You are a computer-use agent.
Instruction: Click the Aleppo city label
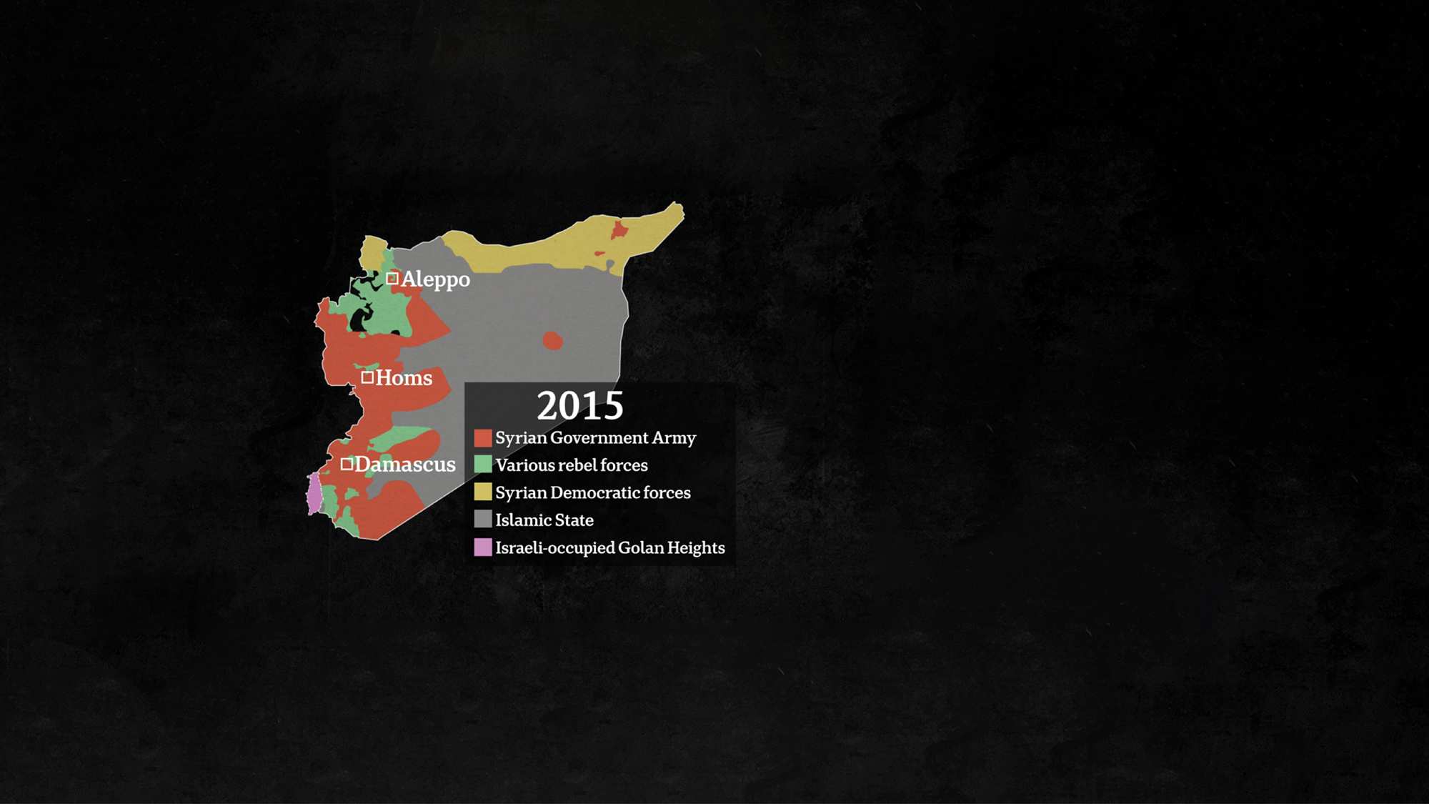(x=435, y=279)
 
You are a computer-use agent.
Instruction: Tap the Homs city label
(x=404, y=378)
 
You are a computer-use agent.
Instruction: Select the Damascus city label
(x=404, y=465)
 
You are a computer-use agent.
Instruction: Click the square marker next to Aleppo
(x=392, y=278)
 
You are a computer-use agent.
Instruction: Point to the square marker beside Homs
(x=367, y=377)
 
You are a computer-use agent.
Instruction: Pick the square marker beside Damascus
(x=347, y=464)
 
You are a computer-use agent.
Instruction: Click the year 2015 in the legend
(x=579, y=406)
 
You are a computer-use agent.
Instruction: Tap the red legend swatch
(x=483, y=437)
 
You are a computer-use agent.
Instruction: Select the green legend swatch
(x=483, y=465)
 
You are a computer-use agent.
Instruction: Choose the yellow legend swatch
(x=483, y=492)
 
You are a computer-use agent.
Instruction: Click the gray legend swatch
(x=483, y=520)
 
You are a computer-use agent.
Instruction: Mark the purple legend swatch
(x=483, y=547)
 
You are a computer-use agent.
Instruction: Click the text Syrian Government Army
(x=595, y=437)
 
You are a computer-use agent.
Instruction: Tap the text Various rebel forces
(x=572, y=465)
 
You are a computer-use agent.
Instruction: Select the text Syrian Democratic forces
(x=593, y=492)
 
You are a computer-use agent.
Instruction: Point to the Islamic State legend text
(x=544, y=520)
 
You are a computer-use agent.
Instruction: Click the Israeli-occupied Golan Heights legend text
(x=610, y=547)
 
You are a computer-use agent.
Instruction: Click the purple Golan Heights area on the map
(x=314, y=494)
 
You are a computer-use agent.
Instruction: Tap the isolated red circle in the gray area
(x=552, y=340)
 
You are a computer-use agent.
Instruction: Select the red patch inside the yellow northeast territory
(x=619, y=230)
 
